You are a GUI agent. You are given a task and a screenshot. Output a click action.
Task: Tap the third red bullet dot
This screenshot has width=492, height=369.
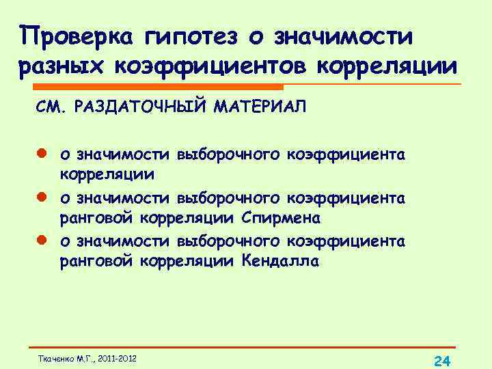pos(41,241)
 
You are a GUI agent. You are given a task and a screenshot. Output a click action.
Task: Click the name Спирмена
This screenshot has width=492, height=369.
pos(287,219)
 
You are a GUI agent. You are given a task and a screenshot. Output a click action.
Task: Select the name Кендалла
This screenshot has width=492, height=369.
pos(279,262)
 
